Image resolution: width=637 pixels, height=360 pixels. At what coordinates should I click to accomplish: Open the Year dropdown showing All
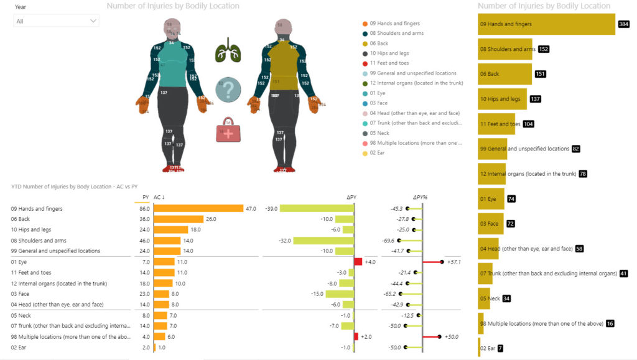pos(56,21)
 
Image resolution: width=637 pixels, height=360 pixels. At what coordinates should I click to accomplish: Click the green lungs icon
pos(227,50)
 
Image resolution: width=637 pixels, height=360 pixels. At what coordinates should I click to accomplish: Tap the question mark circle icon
pos(228,91)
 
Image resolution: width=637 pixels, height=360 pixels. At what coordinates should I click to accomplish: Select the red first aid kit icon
pos(228,130)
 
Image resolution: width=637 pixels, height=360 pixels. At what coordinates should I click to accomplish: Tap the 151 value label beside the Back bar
pos(541,74)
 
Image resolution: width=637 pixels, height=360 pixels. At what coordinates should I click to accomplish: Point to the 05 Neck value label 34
pos(507,299)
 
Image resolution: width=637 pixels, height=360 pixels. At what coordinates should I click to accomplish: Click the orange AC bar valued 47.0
pos(198,209)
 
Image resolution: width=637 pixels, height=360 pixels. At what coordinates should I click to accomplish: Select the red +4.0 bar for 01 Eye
pos(358,262)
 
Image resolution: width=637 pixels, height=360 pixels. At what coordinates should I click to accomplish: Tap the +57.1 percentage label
pos(453,262)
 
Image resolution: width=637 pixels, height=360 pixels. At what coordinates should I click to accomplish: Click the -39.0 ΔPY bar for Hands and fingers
pos(317,209)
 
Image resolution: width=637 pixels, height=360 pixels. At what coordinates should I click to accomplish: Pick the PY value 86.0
pos(144,209)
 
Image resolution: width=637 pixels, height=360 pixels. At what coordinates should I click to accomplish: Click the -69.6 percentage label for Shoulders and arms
pos(391,241)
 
